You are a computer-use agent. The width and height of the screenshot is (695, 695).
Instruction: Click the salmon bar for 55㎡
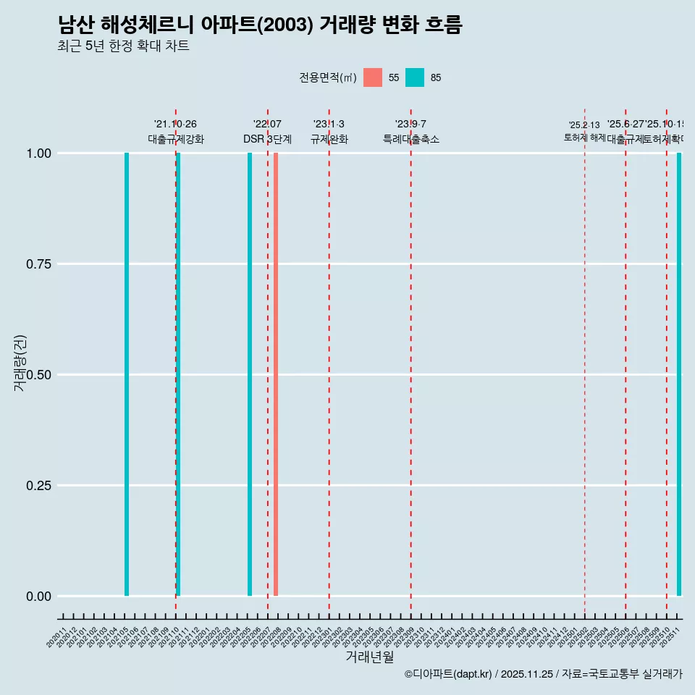point(276,374)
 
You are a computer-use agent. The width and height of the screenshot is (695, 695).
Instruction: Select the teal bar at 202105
point(127,374)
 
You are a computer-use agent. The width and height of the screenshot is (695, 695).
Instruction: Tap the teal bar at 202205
point(250,374)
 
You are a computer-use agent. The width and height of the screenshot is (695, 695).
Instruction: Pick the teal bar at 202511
point(679,374)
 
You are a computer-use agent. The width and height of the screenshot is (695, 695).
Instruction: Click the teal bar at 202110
point(178,374)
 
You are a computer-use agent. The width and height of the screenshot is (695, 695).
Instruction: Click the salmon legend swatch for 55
point(373,77)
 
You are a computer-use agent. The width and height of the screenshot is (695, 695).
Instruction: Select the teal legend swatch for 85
point(415,77)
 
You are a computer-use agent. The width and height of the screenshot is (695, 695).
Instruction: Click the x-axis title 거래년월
point(369,657)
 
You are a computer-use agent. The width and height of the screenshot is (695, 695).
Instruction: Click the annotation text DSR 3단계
point(267,139)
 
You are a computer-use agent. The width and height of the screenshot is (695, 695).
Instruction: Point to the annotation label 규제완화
point(329,139)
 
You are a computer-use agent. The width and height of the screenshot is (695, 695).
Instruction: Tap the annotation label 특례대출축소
point(411,139)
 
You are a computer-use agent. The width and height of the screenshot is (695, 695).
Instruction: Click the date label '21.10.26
point(175,125)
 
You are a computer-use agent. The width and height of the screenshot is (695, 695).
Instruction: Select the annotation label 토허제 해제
point(584,138)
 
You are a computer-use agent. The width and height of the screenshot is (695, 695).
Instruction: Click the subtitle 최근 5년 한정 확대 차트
point(123,46)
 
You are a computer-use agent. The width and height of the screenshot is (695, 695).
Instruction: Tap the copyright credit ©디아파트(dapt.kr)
point(448,674)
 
